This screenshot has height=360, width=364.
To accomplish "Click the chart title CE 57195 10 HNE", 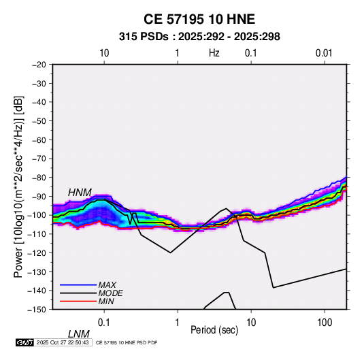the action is coord(199,19).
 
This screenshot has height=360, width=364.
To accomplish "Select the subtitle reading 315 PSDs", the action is coord(144,37).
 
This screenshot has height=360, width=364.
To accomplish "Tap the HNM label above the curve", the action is coord(80,193).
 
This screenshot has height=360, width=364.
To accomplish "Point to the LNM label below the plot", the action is coord(78,334).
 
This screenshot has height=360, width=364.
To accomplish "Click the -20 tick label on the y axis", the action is coord(39,65).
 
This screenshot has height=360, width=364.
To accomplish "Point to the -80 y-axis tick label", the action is coord(39,178).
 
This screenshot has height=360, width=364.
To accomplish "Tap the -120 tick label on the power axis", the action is coord(37,253).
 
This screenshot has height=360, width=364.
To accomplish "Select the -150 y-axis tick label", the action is coord(37,310).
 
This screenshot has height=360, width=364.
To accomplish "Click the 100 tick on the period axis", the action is coord(325,323).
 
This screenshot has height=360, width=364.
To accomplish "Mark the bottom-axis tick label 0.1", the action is coord(104,323).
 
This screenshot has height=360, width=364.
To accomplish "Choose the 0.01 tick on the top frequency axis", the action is coord(324,53).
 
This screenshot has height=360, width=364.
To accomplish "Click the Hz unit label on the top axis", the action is coord(214,53).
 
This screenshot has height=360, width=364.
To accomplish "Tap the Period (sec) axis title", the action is coord(214,330).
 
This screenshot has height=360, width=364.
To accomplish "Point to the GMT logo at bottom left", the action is coord(25,342).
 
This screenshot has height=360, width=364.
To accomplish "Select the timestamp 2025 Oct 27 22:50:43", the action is coord(63,342).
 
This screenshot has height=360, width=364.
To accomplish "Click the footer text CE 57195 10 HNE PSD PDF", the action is coord(127,342).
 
